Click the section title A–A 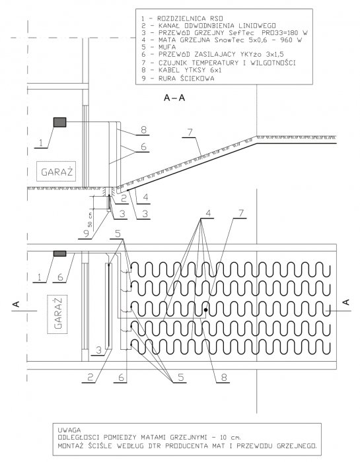click(x=174, y=98)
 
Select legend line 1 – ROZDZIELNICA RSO click(x=182, y=18)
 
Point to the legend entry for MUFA click(x=159, y=47)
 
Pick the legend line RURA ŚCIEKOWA click(x=178, y=79)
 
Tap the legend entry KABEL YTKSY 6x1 click(x=182, y=71)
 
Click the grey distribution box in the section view click(x=60, y=122)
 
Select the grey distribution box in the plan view click(x=60, y=253)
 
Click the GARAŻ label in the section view click(x=57, y=172)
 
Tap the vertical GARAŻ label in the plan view click(x=58, y=313)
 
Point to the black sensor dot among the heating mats click(x=206, y=310)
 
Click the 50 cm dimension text click(x=90, y=220)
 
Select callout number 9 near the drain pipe click(x=86, y=234)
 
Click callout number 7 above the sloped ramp click(x=190, y=132)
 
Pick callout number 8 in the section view click(x=144, y=129)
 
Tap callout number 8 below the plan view click(x=224, y=378)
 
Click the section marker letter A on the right click(x=347, y=302)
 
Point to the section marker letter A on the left click(x=17, y=304)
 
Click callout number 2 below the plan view click(x=90, y=378)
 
